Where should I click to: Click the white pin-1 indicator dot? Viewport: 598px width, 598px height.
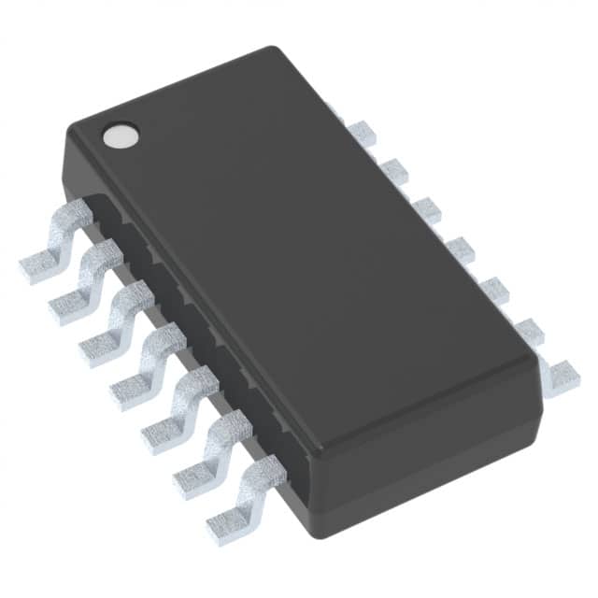coord(119,137)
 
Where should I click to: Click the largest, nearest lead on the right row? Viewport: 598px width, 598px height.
coord(559,377)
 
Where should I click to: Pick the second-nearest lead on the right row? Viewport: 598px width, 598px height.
coord(529,332)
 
